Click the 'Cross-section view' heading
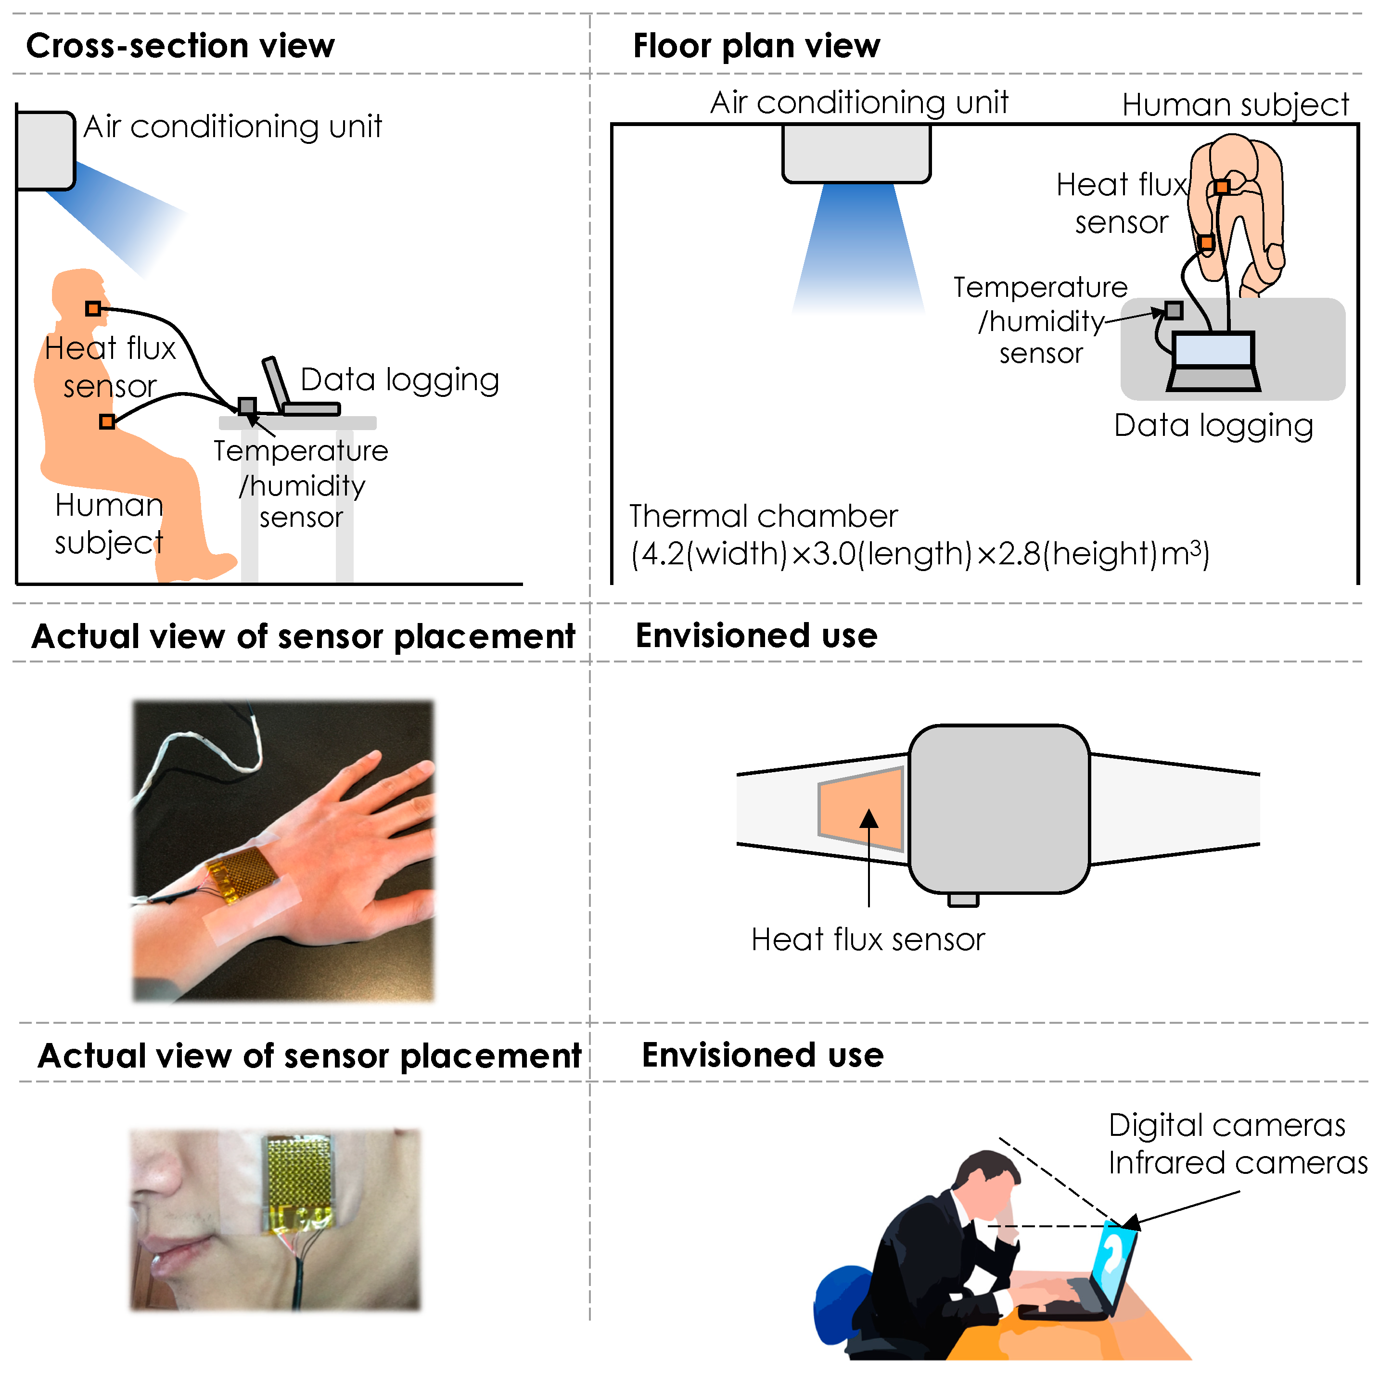[180, 46]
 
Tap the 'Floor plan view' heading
[756, 46]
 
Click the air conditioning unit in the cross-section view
[45, 151]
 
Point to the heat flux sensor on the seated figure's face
[93, 308]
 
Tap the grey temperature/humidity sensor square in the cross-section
[247, 406]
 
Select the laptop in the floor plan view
[1213, 360]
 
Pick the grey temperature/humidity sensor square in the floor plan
[1174, 310]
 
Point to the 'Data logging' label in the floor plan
[1213, 425]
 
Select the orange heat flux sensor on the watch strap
[862, 809]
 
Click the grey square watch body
[999, 809]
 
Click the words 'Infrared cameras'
[1237, 1163]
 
